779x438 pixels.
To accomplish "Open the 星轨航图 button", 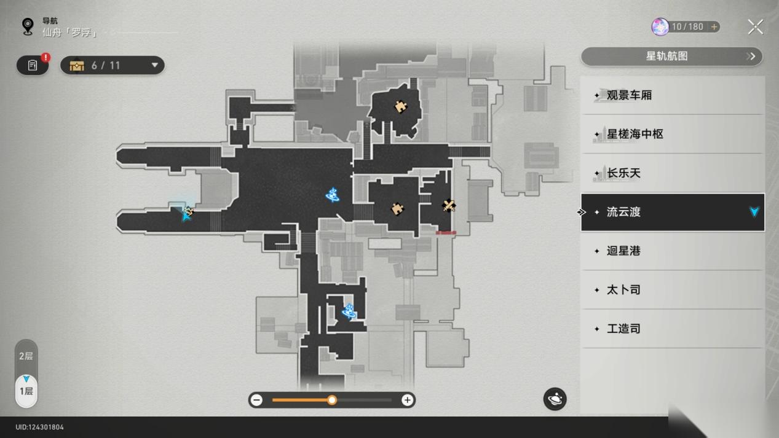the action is click(671, 57).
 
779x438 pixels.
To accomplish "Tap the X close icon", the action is click(756, 27).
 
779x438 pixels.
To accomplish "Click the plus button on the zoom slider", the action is click(407, 400).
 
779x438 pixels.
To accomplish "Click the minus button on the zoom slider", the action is click(256, 400).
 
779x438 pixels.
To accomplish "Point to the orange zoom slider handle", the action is click(332, 400).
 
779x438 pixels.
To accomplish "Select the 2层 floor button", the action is click(26, 356).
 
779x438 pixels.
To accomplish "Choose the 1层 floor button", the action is click(26, 391).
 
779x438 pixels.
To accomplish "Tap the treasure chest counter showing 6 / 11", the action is click(113, 65).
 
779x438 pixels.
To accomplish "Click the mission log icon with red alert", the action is click(33, 65).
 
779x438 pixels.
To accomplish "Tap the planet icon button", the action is click(555, 399).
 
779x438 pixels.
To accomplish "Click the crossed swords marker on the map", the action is click(449, 206).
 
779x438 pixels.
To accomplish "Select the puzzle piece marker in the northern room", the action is click(401, 107).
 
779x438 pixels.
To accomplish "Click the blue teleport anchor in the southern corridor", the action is click(349, 311).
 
